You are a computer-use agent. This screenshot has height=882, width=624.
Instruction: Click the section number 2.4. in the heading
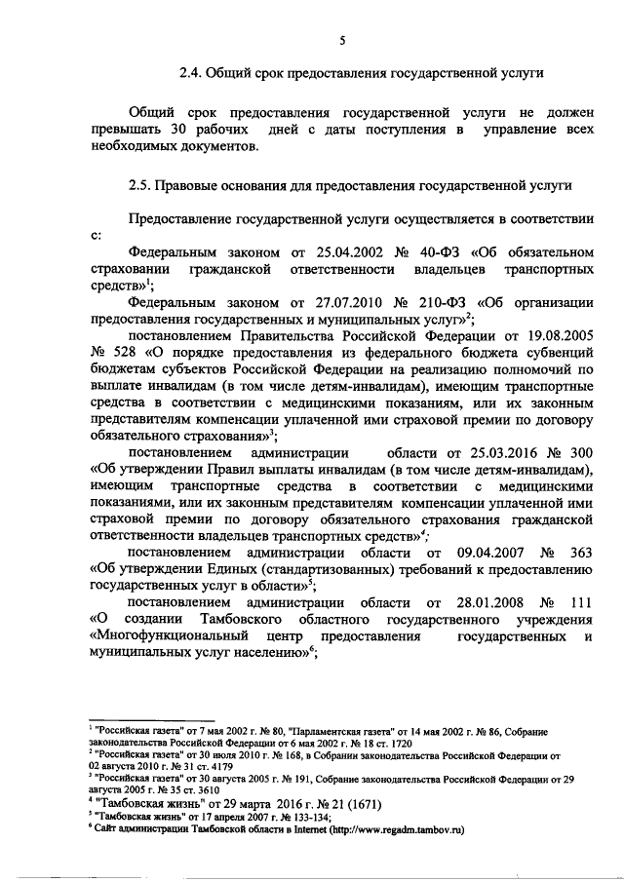point(192,72)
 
